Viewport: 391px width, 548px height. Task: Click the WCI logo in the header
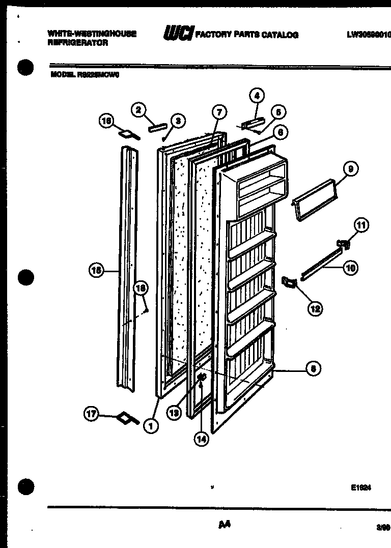coord(178,34)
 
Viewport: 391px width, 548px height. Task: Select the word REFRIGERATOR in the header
coord(77,43)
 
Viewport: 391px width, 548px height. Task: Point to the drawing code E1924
coord(360,487)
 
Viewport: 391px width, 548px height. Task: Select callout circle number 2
coord(137,109)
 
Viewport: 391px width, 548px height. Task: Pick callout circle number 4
coord(257,95)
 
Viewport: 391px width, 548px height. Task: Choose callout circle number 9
coord(351,169)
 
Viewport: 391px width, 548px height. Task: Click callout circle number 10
coord(351,267)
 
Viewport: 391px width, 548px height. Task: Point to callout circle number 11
coord(361,224)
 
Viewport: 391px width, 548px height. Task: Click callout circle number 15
coord(95,271)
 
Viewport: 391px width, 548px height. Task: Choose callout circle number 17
coord(92,415)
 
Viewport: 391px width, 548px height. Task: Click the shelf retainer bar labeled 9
coord(312,199)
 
